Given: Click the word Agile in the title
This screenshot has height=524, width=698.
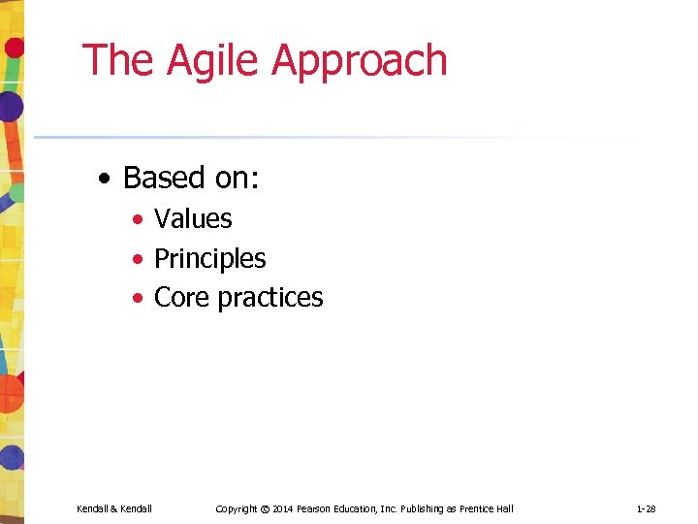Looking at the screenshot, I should (214, 60).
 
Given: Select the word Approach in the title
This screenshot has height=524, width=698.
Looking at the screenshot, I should (360, 60).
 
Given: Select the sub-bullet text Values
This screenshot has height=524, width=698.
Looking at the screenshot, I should (193, 219).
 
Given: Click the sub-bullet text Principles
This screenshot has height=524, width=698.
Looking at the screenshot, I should (209, 259).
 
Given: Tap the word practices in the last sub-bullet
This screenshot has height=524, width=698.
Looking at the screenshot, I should (270, 298).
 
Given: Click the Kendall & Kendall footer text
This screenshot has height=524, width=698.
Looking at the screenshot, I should (114, 509).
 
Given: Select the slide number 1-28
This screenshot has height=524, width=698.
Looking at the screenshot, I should (647, 509).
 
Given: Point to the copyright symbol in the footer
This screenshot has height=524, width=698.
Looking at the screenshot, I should (265, 509).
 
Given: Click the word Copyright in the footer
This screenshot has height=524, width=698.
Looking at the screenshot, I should (237, 509).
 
